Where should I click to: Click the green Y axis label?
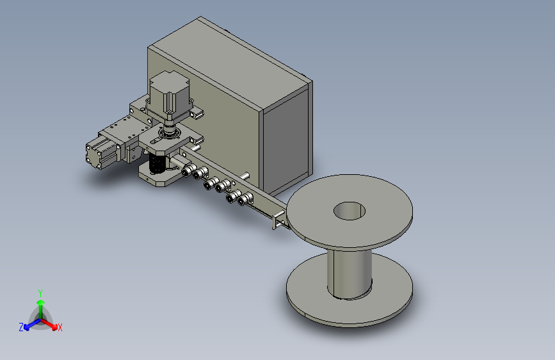(40, 293)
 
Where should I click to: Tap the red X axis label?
(60, 327)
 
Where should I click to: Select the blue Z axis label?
(21, 327)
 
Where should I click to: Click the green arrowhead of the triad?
(41, 302)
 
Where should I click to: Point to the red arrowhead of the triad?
(54, 327)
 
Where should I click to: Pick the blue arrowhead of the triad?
(26, 328)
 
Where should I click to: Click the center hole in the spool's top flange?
(350, 211)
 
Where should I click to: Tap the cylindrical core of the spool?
(350, 273)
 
